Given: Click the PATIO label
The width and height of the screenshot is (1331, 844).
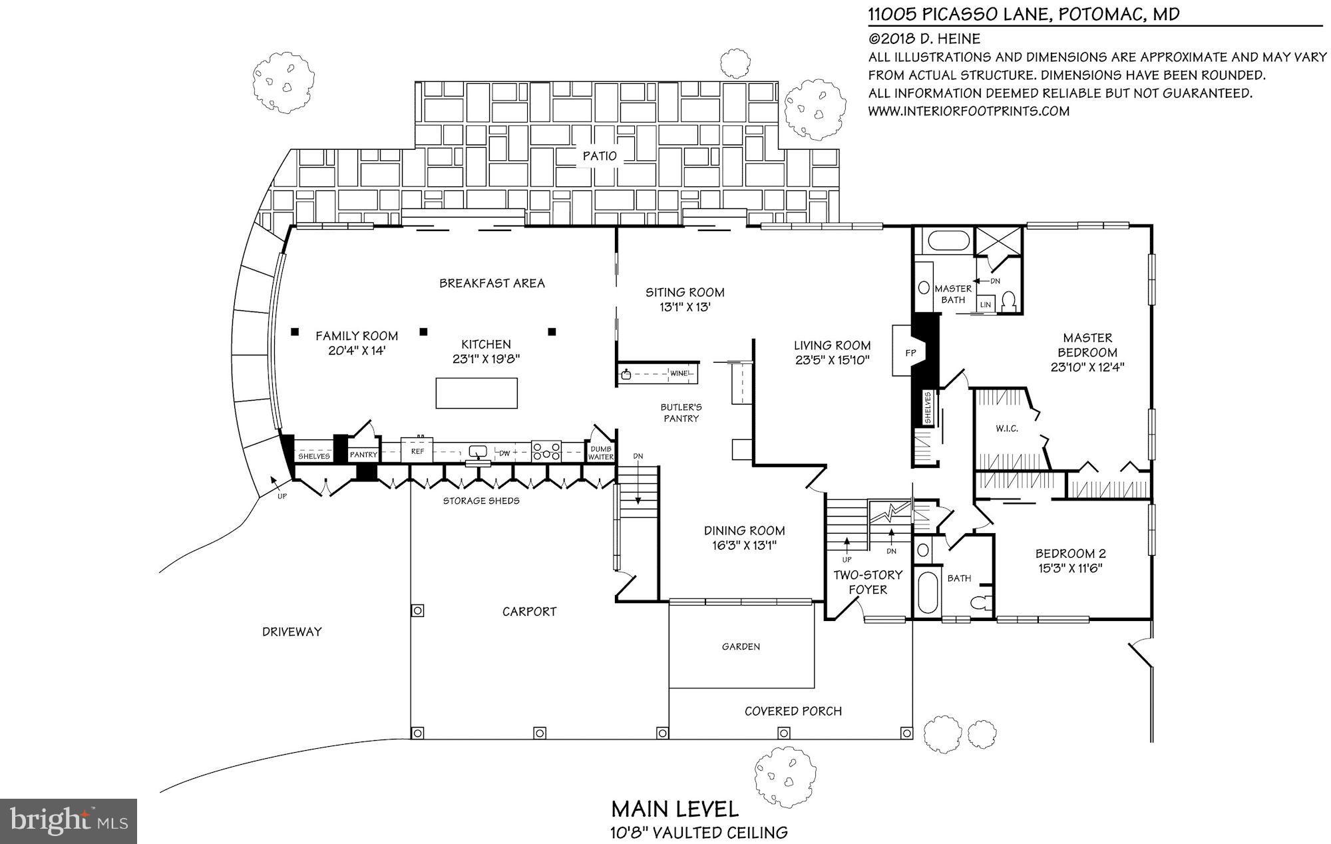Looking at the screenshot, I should [600, 156].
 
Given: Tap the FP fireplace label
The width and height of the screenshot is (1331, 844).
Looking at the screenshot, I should [910, 351].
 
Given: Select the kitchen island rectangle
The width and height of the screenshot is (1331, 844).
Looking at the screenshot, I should [476, 393].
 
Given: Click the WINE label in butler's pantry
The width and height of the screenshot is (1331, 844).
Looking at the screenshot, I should [679, 373].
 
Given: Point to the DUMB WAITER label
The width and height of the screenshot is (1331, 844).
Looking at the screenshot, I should [600, 453].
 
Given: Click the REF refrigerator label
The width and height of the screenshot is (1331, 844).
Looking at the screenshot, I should [417, 451].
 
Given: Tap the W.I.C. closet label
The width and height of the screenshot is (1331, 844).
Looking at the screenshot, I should [1007, 429].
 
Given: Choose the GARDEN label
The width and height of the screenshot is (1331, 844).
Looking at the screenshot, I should [741, 646].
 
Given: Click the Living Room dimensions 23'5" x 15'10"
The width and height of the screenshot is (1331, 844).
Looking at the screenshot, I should [832, 360].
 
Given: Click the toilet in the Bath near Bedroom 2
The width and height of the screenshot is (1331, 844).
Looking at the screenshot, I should [979, 603].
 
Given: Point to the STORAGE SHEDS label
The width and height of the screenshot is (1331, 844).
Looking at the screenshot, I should [481, 501].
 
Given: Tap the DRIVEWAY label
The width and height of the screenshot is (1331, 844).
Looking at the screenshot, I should [291, 632].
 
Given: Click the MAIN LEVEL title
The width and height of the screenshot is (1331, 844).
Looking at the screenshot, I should [675, 809].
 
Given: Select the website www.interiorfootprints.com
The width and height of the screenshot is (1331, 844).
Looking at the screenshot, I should [968, 111].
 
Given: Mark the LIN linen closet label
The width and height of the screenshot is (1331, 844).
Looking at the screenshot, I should [986, 304].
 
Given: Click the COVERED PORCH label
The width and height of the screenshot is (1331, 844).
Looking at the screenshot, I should [793, 711].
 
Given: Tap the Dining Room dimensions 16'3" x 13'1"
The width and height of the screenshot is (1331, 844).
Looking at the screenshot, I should [744, 545].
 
